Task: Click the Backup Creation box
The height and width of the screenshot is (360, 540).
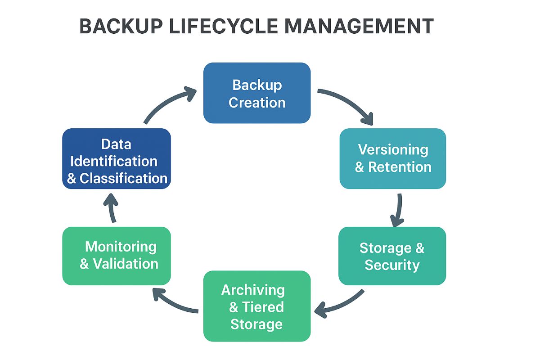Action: (x=257, y=93)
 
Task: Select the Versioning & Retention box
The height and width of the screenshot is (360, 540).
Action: (x=393, y=158)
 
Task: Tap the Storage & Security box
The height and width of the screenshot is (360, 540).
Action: (x=392, y=256)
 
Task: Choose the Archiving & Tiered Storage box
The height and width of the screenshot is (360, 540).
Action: (x=257, y=306)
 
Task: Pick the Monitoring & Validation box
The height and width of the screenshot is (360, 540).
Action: (x=117, y=256)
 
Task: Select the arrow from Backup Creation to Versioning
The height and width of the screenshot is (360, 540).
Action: (x=347, y=103)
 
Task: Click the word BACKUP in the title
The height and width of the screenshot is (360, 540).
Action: (x=121, y=27)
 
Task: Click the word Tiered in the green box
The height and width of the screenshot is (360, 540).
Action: (x=263, y=307)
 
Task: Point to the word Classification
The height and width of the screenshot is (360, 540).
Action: (x=124, y=178)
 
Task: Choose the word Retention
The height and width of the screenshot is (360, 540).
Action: (x=400, y=167)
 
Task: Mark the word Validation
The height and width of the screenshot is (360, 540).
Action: (x=126, y=264)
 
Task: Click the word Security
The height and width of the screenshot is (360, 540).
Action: (x=392, y=265)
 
